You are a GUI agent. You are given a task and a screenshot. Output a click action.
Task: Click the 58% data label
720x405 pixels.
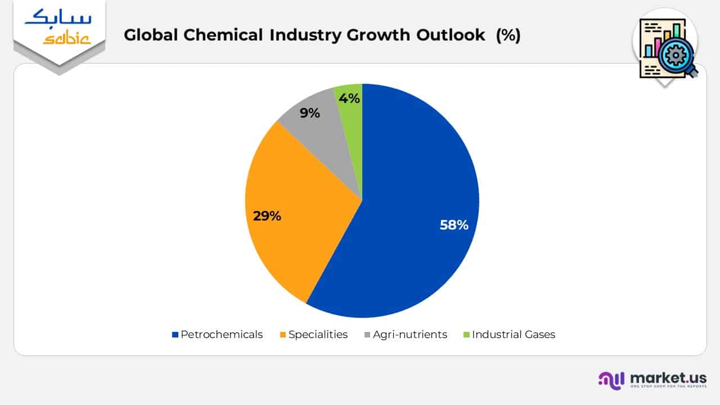click(454, 225)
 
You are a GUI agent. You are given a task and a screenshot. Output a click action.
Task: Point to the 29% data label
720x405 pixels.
click(267, 215)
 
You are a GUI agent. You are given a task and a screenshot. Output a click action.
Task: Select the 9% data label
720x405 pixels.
click(309, 113)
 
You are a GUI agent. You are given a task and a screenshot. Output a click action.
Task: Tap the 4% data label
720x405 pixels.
click(349, 98)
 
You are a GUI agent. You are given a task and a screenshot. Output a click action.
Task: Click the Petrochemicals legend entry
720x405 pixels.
click(221, 334)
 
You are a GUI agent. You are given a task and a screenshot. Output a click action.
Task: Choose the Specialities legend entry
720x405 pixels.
click(318, 334)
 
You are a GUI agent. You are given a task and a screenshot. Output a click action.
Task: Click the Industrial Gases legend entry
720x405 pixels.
click(513, 334)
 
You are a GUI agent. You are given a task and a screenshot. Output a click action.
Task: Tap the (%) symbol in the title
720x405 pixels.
click(508, 35)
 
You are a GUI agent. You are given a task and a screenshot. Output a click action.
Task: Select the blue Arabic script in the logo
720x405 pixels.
click(58, 19)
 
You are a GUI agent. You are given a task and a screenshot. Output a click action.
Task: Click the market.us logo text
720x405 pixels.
click(668, 377)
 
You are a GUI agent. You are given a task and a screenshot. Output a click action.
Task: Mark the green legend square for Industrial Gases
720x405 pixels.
click(466, 335)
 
